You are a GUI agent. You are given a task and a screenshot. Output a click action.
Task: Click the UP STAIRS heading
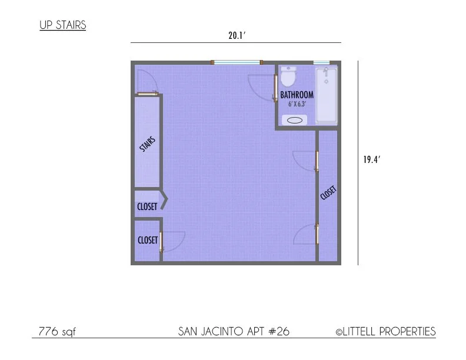(x=63, y=25)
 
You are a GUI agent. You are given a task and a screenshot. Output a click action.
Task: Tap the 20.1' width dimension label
(x=237, y=36)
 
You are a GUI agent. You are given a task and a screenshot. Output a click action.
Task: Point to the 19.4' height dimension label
(x=371, y=159)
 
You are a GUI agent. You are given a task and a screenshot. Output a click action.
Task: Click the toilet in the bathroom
(x=288, y=76)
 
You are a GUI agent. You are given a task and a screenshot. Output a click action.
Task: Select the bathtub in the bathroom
(x=326, y=96)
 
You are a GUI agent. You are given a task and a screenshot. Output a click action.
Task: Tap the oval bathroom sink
(x=295, y=120)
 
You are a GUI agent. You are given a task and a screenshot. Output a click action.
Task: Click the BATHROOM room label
(x=297, y=95)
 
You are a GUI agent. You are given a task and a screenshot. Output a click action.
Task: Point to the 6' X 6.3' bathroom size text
(x=297, y=104)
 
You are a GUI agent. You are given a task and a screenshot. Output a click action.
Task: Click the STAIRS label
(x=148, y=144)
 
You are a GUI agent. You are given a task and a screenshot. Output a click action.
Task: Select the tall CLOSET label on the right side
(x=328, y=193)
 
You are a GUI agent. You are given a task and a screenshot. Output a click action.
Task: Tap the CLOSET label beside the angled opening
(x=147, y=206)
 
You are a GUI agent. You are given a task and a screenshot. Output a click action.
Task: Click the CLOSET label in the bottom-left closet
(x=148, y=240)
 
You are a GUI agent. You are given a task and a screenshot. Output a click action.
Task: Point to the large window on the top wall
(x=237, y=62)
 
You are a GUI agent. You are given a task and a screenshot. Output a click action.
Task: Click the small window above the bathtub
(x=321, y=62)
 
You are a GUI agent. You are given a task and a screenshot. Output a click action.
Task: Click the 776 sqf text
(x=57, y=332)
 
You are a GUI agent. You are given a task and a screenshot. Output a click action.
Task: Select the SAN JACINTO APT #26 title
(x=234, y=332)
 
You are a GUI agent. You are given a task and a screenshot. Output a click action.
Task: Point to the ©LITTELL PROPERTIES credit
(x=385, y=332)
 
